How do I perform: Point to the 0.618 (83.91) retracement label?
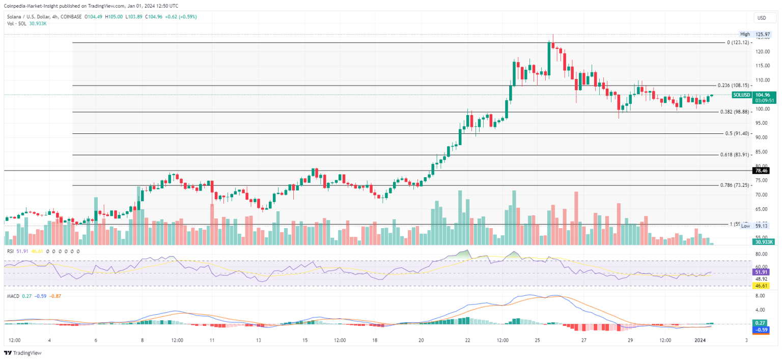click(x=734, y=154)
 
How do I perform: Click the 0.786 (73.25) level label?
click(x=734, y=185)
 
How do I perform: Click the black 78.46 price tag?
click(x=762, y=171)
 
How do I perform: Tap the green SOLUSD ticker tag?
click(x=741, y=95)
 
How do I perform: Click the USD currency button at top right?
click(x=762, y=18)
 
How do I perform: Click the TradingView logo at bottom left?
click(x=23, y=353)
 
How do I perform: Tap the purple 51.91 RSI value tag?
click(x=762, y=272)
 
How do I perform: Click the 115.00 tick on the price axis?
click(x=762, y=66)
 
